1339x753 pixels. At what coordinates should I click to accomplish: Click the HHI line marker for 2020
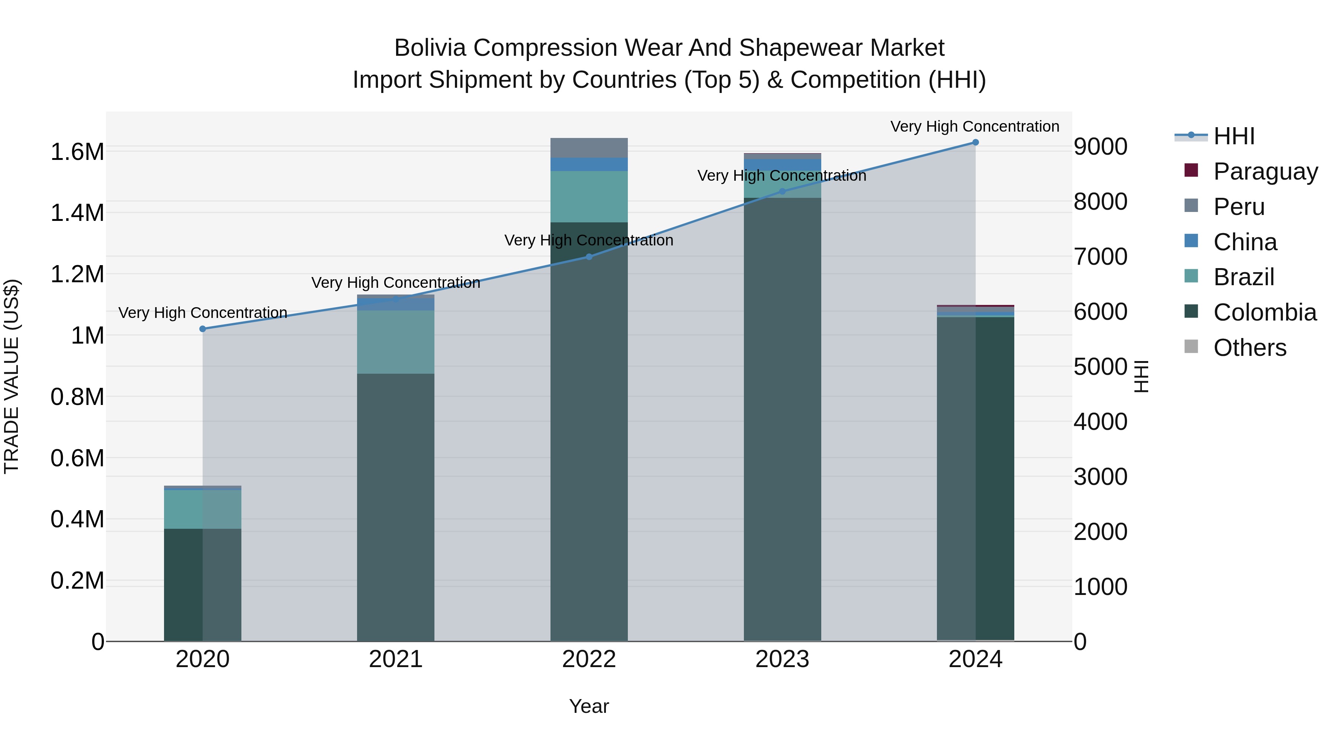203,329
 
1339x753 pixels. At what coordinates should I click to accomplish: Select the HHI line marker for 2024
975,142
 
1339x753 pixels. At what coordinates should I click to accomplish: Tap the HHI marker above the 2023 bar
782,192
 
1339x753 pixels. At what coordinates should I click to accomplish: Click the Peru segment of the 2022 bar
589,148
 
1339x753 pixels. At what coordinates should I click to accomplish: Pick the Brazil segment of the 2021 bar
396,342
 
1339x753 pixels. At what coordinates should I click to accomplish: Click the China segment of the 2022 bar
589,165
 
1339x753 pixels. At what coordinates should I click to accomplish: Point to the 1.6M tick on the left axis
77,152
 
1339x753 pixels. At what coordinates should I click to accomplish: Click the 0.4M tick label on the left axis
77,519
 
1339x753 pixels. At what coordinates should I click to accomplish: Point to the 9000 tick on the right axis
1101,147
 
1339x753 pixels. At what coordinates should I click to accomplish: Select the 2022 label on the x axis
589,659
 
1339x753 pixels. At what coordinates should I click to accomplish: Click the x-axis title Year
589,706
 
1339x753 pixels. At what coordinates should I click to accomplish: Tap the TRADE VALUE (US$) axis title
12,376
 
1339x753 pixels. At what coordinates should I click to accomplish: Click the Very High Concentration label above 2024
974,126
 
